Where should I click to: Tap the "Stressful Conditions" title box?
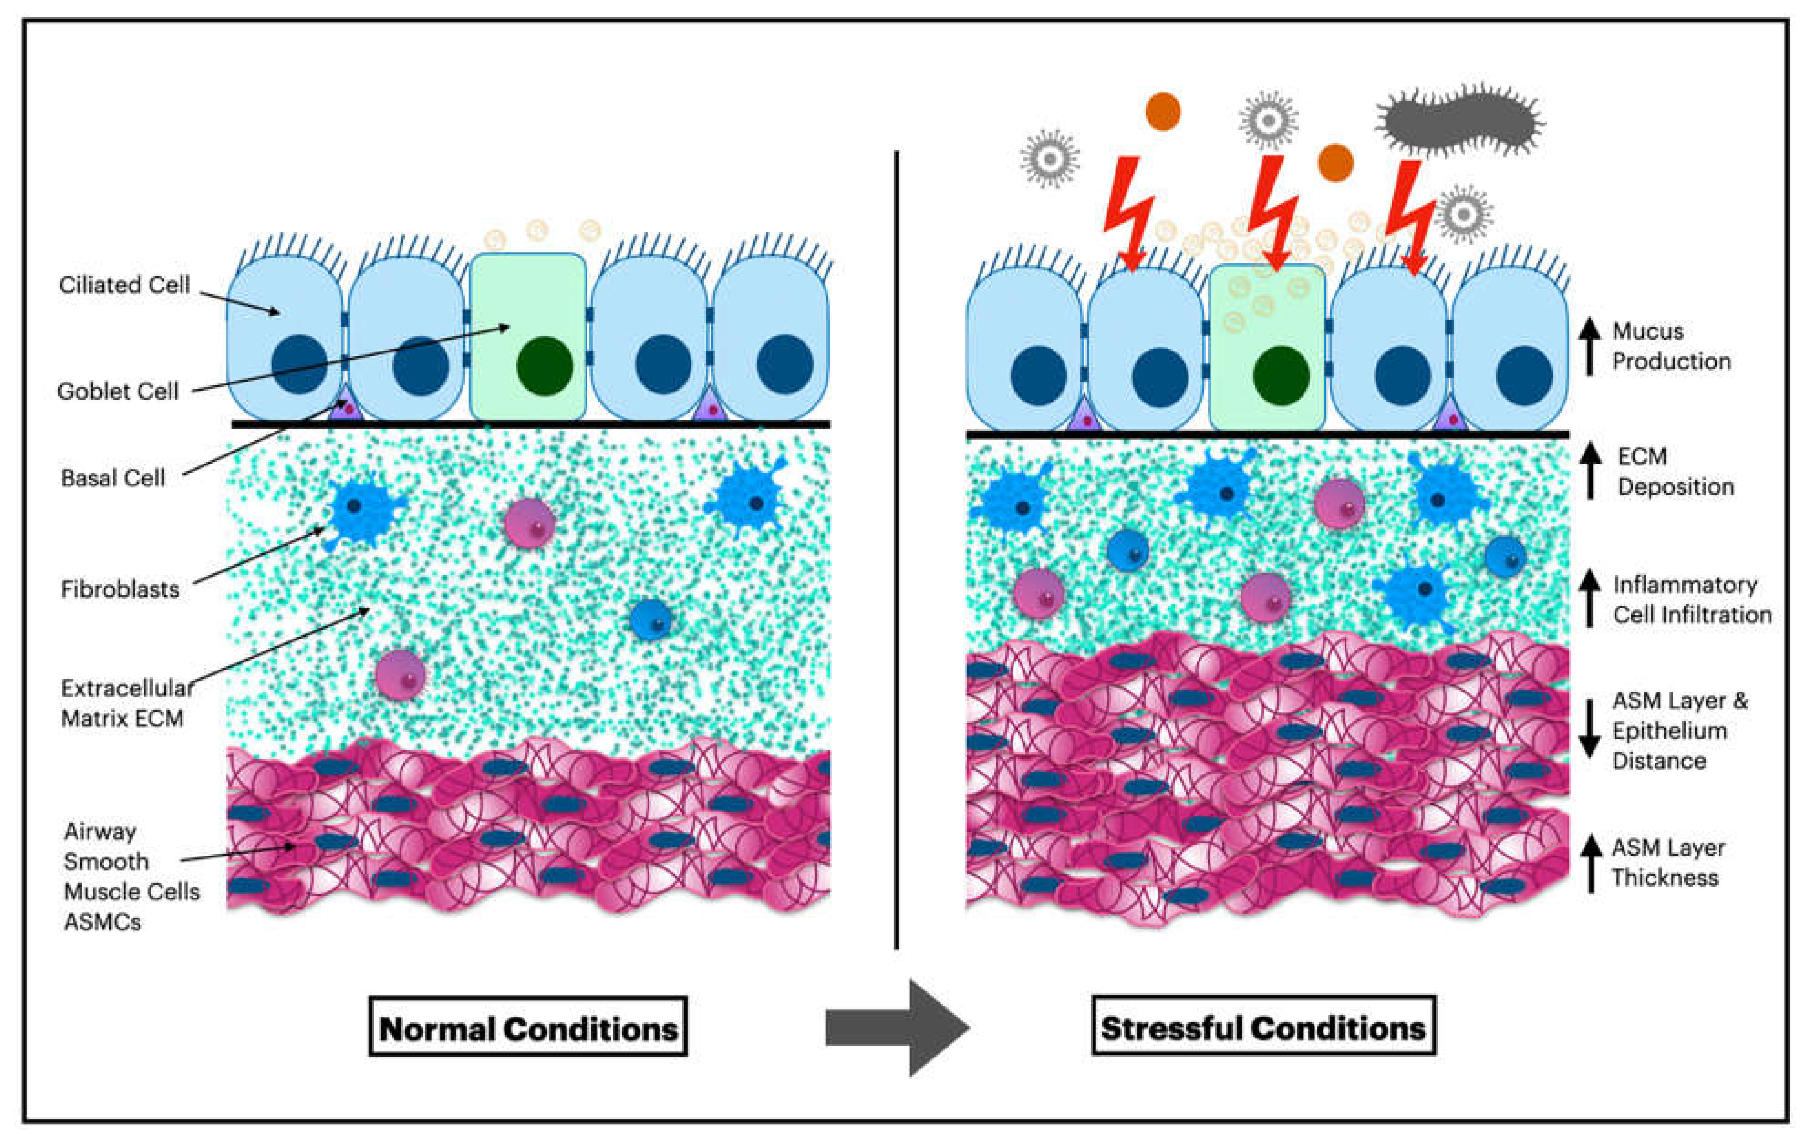click(x=1263, y=1026)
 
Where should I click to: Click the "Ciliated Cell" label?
click(x=125, y=285)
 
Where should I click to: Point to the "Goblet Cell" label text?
click(x=118, y=391)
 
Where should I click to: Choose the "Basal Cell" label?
click(x=113, y=478)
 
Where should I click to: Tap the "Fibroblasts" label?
click(x=120, y=589)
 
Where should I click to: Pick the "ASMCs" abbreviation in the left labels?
click(x=102, y=922)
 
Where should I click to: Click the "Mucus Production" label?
click(x=1671, y=346)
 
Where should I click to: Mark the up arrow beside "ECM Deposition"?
click(x=1590, y=471)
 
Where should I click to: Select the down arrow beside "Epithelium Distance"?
click(x=1589, y=729)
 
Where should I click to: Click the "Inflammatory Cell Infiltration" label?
click(x=1692, y=599)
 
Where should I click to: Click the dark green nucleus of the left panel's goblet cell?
click(x=545, y=366)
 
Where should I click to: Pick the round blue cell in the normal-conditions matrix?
click(x=650, y=620)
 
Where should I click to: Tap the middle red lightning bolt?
click(x=1273, y=214)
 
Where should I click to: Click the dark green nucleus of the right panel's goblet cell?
click(x=1281, y=375)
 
